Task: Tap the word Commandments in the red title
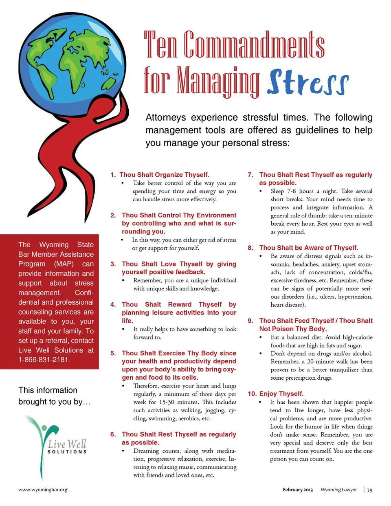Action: point(254,45)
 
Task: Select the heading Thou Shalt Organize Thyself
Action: point(164,175)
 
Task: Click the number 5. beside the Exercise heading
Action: point(113,353)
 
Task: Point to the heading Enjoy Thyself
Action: point(281,394)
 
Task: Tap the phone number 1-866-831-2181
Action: point(44,360)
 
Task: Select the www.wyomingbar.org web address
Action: point(43,490)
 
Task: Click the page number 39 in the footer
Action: point(369,490)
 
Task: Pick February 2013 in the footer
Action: point(298,490)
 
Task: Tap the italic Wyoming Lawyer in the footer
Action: point(338,490)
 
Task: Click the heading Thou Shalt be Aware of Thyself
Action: point(308,248)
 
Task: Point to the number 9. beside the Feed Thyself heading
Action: point(250,321)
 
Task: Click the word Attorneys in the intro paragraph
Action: point(166,118)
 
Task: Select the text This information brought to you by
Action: point(54,396)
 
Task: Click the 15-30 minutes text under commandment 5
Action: point(174,402)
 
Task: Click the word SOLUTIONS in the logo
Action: point(67,452)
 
